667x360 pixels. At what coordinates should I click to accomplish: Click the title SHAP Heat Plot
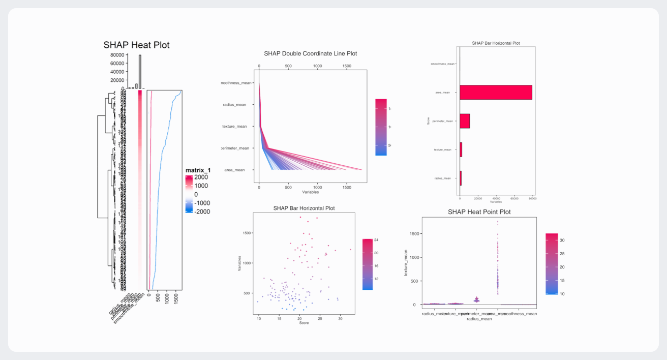click(136, 45)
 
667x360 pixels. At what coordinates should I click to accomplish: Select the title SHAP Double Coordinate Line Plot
click(310, 53)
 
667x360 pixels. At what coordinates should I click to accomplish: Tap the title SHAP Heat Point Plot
click(479, 212)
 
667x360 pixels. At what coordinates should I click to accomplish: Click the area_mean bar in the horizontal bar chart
click(496, 93)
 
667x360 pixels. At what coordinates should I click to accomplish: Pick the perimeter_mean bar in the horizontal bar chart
click(465, 121)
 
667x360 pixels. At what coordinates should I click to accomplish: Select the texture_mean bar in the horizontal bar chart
click(461, 149)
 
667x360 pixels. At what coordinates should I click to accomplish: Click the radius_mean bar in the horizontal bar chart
click(461, 178)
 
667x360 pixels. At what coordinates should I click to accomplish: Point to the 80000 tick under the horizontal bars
click(532, 199)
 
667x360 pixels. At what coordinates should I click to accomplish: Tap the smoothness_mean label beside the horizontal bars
click(442, 64)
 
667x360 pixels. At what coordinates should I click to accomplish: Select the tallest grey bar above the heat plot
click(140, 71)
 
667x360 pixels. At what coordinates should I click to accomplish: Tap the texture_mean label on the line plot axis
click(234, 126)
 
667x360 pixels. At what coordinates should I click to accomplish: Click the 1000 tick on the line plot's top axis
click(317, 66)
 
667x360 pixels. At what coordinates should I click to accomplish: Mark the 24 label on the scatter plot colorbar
click(376, 239)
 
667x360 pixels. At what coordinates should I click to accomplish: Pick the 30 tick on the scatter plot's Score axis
click(340, 318)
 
